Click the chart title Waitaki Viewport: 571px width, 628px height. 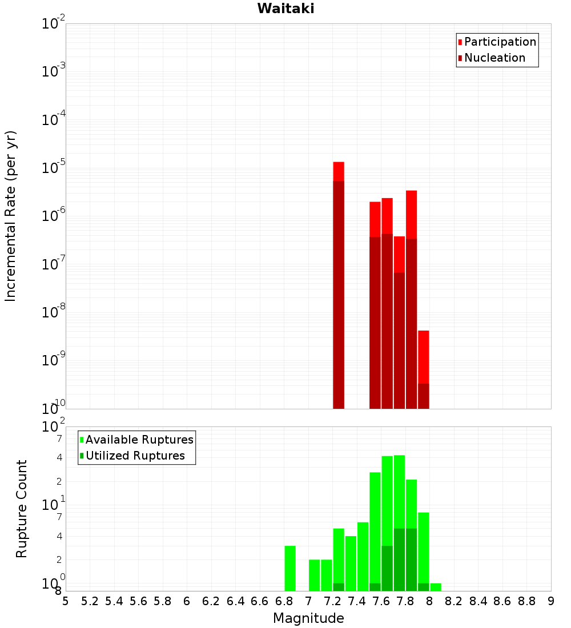(285, 9)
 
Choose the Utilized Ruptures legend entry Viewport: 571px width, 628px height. (135, 456)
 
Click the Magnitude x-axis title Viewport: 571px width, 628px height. (308, 618)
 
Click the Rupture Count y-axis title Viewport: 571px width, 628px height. (22, 508)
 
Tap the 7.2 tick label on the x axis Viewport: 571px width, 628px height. (332, 601)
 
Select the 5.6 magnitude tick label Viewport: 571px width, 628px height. (138, 601)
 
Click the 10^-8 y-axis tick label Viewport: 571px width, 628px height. (54, 313)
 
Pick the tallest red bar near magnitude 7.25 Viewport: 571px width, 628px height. (339, 171)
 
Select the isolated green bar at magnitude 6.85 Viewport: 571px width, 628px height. (290, 568)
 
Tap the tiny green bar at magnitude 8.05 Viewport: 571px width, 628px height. (436, 587)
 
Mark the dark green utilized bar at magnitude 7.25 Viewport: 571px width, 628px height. (339, 587)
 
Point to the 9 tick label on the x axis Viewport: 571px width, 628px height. (551, 601)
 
